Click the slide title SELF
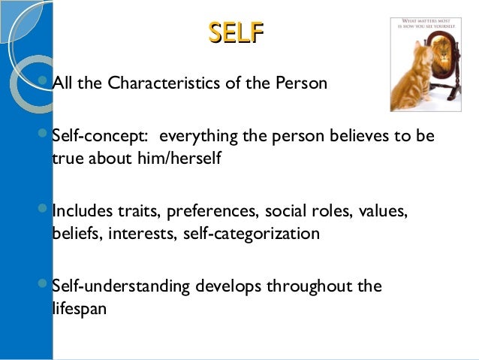click(x=236, y=33)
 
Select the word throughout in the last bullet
click(x=315, y=286)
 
